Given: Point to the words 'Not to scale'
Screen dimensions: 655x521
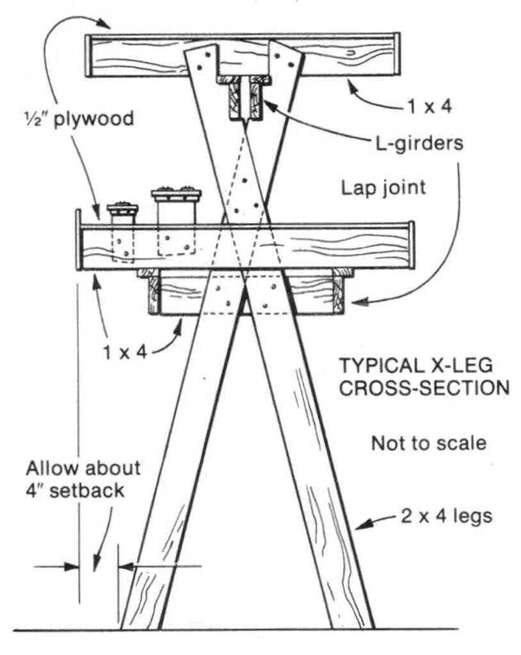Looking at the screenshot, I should (x=428, y=442).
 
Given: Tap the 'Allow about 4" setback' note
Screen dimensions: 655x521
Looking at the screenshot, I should (x=83, y=480).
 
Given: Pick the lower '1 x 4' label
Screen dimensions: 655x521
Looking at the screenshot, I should (x=125, y=351).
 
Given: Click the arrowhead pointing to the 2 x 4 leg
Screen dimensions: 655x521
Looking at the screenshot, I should (x=362, y=526).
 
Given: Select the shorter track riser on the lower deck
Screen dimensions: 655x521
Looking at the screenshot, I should (x=122, y=215).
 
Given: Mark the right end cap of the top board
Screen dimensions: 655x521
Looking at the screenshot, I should (x=396, y=54).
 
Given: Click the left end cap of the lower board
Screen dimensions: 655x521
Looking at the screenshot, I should (x=78, y=240).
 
